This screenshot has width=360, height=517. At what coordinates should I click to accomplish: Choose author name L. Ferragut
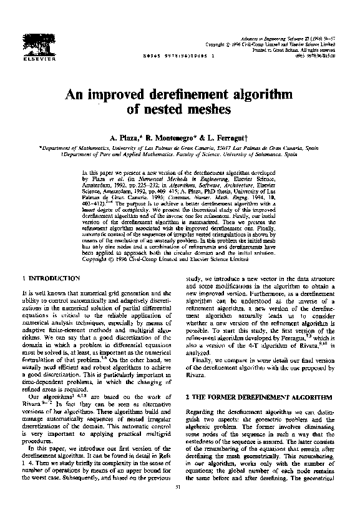click(x=232, y=136)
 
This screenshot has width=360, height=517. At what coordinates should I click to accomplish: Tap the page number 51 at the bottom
click(x=179, y=504)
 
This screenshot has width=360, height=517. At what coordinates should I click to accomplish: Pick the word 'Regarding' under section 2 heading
click(x=202, y=394)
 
